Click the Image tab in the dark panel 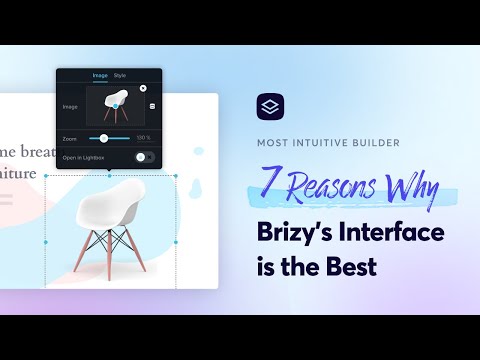[100, 75]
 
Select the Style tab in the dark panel [120, 75]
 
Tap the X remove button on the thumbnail [143, 88]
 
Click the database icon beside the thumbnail [153, 106]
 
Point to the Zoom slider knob [104, 137]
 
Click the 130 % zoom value [143, 137]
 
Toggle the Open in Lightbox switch [144, 157]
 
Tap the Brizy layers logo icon [270, 106]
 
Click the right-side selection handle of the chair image [176, 242]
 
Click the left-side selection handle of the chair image [46, 242]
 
